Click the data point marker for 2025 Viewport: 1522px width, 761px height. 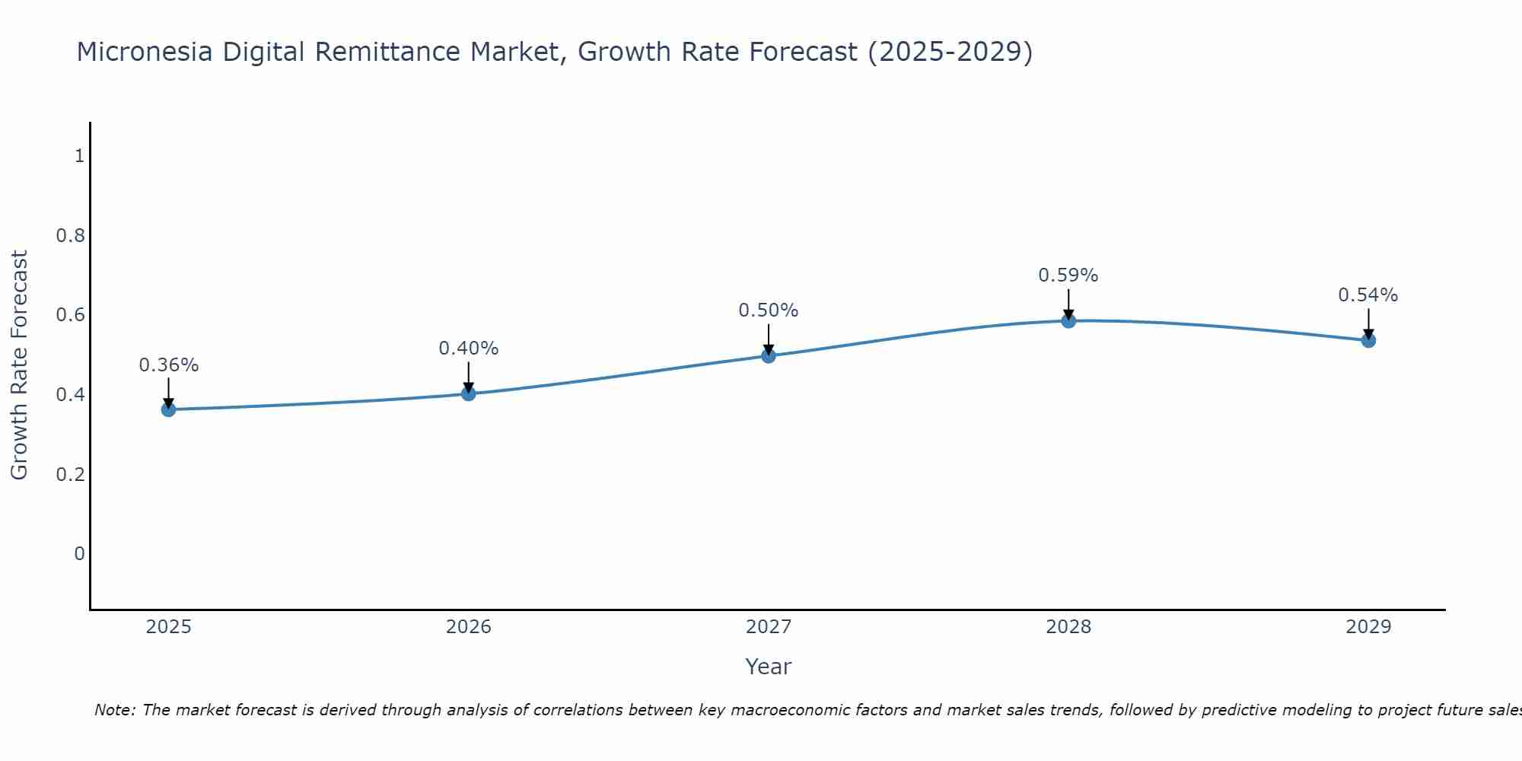(168, 409)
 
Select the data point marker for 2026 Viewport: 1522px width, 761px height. (468, 393)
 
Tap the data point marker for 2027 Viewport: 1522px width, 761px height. (769, 355)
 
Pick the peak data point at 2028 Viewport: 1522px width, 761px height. (1068, 320)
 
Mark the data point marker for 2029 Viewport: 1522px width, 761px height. (1368, 340)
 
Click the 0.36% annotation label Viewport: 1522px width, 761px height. (168, 365)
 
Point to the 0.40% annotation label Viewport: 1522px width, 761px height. (468, 349)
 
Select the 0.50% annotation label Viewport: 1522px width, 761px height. (769, 310)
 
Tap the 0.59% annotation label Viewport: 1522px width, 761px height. (1068, 275)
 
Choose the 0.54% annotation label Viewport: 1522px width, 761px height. (1368, 295)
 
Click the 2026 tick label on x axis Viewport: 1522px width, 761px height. (468, 627)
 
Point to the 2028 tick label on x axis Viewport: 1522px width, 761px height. (1068, 627)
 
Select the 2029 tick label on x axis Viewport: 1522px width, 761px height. (1368, 627)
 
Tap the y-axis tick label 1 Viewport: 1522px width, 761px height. (79, 156)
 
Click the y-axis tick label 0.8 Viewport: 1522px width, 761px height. (71, 236)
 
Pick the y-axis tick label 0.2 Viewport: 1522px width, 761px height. (71, 474)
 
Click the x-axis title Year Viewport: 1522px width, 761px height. (769, 667)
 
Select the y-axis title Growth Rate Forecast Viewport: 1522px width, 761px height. (19, 365)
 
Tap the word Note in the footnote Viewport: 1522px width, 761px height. (113, 710)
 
